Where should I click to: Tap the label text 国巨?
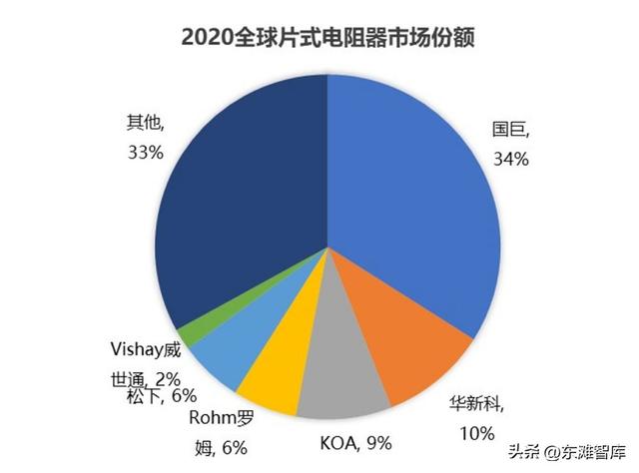tap(510, 129)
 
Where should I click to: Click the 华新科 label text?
tap(477, 404)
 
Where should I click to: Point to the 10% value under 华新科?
tap(478, 432)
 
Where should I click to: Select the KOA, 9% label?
tap(356, 441)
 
